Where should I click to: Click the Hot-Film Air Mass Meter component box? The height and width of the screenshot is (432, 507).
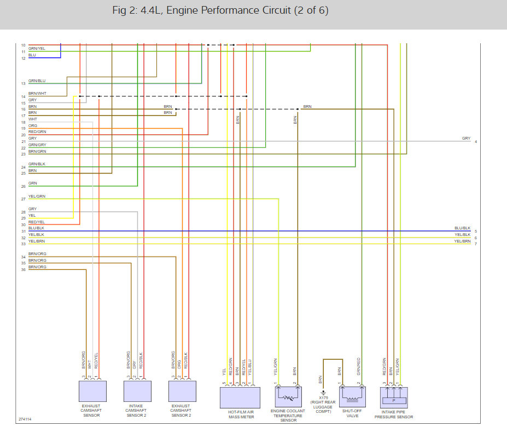(x=240, y=398)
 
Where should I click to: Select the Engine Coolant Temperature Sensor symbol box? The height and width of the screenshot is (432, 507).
(x=288, y=396)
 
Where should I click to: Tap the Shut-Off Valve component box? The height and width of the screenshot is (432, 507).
(x=352, y=396)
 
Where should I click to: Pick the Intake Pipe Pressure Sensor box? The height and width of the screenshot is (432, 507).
(x=394, y=398)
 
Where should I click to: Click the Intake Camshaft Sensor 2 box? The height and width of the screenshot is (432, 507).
(x=137, y=391)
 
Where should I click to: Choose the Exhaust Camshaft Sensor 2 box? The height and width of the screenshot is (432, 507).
(x=182, y=391)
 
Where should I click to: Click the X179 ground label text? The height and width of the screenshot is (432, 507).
(x=323, y=398)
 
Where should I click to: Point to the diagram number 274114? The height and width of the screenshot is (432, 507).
(x=25, y=419)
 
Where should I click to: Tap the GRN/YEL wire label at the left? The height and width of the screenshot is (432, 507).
(x=37, y=49)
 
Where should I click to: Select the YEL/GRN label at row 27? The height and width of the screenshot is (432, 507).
(x=37, y=197)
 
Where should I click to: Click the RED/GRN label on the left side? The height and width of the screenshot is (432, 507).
(x=37, y=132)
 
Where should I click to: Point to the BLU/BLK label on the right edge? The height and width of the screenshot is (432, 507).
(x=462, y=228)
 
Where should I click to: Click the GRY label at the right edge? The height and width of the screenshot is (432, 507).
(x=467, y=138)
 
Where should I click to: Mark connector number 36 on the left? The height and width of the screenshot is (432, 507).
(x=24, y=269)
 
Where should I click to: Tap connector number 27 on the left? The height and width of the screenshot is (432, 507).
(x=24, y=199)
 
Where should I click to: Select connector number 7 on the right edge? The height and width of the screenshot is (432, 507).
(x=476, y=244)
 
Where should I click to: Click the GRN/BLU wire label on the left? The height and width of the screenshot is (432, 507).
(x=37, y=81)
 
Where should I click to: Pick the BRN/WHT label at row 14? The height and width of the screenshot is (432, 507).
(x=37, y=94)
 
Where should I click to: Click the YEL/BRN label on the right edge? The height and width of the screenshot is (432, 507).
(x=462, y=241)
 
